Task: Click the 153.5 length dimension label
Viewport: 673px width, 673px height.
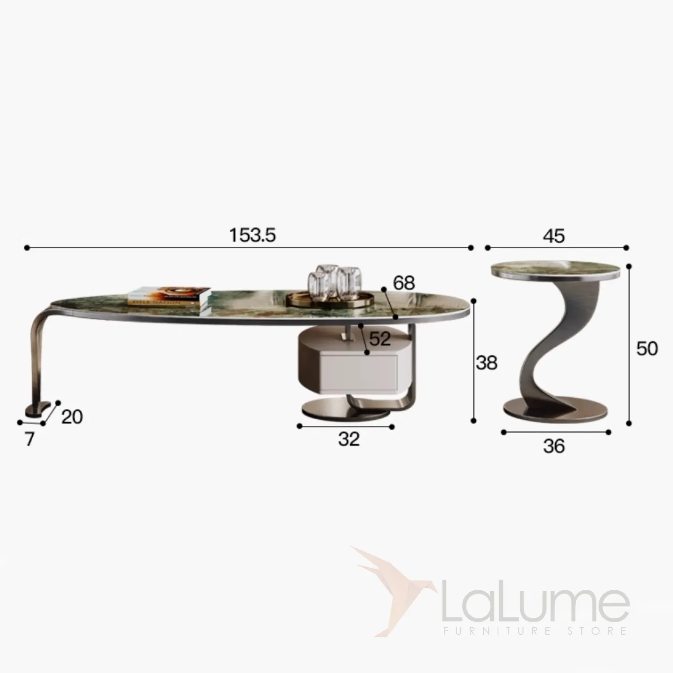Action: click(x=252, y=235)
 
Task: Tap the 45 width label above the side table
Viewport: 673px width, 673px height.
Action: click(x=553, y=236)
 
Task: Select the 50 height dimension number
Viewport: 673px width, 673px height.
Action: click(x=647, y=349)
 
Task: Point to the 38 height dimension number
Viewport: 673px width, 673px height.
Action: click(x=487, y=363)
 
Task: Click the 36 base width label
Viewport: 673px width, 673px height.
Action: click(x=554, y=446)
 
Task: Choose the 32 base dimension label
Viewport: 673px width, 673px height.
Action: click(x=349, y=439)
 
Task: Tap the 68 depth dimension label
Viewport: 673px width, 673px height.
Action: click(x=404, y=283)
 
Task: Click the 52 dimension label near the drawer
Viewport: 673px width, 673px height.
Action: click(x=379, y=338)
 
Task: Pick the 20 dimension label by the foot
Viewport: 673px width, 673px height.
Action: click(x=72, y=416)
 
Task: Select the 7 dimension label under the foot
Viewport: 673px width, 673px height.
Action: click(x=30, y=439)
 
